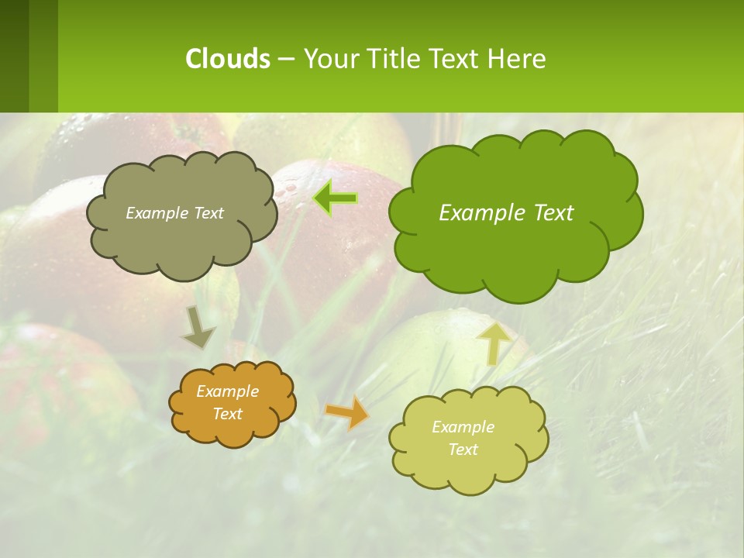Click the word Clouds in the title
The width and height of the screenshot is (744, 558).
(x=227, y=59)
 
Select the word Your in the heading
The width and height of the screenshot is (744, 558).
(x=332, y=59)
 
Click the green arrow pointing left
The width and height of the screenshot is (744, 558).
(x=336, y=198)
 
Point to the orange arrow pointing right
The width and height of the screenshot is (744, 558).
(x=346, y=412)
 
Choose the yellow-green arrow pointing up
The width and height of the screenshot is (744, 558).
(x=494, y=343)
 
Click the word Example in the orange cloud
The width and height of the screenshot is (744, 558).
(x=227, y=391)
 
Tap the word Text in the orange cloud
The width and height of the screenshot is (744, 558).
(x=228, y=414)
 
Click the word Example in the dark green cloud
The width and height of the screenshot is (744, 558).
(x=475, y=213)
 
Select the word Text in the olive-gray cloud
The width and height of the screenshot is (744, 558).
(x=207, y=213)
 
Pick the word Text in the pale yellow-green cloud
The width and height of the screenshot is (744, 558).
(x=463, y=449)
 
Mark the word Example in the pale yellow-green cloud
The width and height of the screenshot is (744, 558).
(x=463, y=427)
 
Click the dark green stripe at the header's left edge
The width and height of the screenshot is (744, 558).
(x=15, y=56)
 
